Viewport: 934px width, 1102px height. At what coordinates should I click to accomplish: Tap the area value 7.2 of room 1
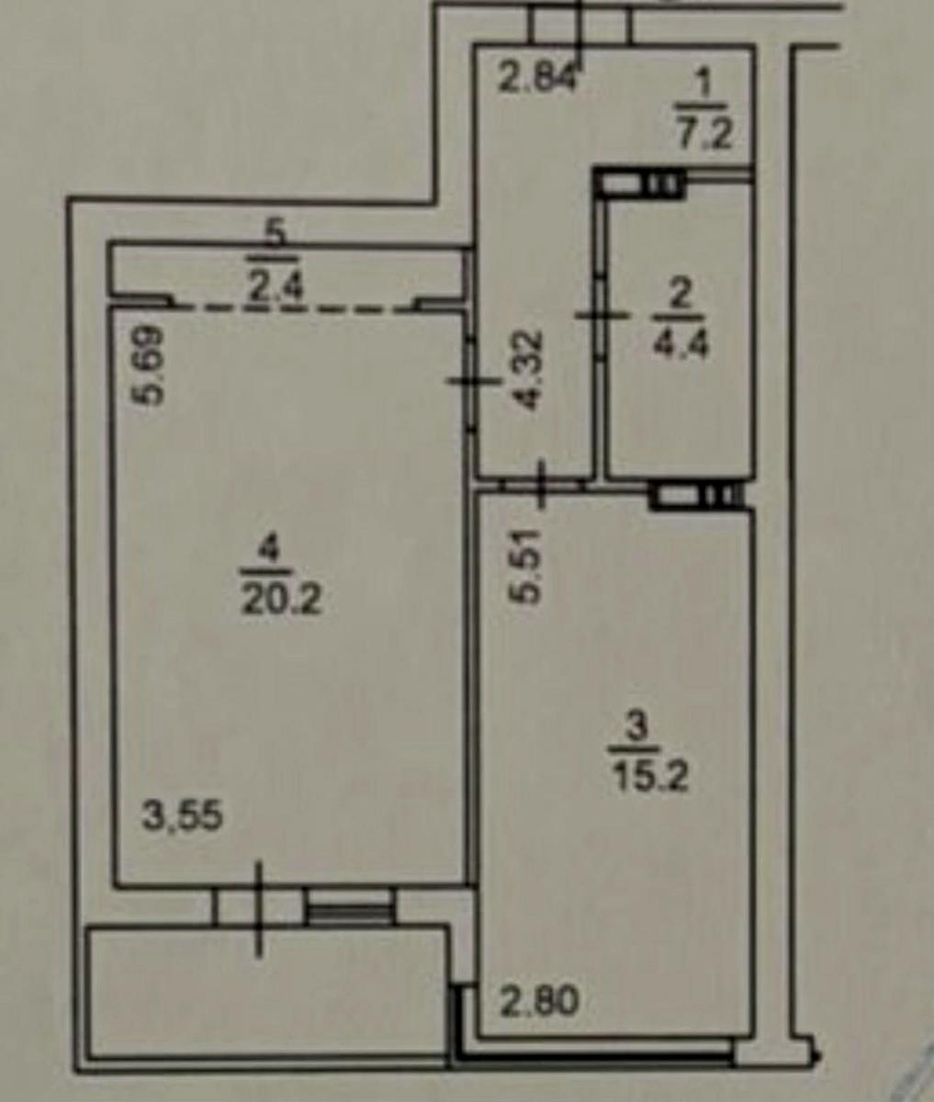click(x=704, y=136)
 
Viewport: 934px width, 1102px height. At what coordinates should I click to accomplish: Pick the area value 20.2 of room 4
click(x=281, y=600)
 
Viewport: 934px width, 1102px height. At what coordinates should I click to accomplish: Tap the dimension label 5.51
click(x=526, y=567)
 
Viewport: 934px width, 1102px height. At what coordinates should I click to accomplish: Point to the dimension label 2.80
click(x=539, y=1001)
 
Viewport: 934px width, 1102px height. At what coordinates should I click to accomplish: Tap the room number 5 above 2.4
click(x=276, y=235)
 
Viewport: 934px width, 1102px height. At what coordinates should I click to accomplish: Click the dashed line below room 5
click(x=294, y=309)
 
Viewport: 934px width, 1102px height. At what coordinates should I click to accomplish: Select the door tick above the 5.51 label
click(x=541, y=485)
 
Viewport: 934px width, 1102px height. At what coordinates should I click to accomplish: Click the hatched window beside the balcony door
click(x=349, y=905)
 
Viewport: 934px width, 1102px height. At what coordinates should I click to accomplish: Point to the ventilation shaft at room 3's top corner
click(x=695, y=496)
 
